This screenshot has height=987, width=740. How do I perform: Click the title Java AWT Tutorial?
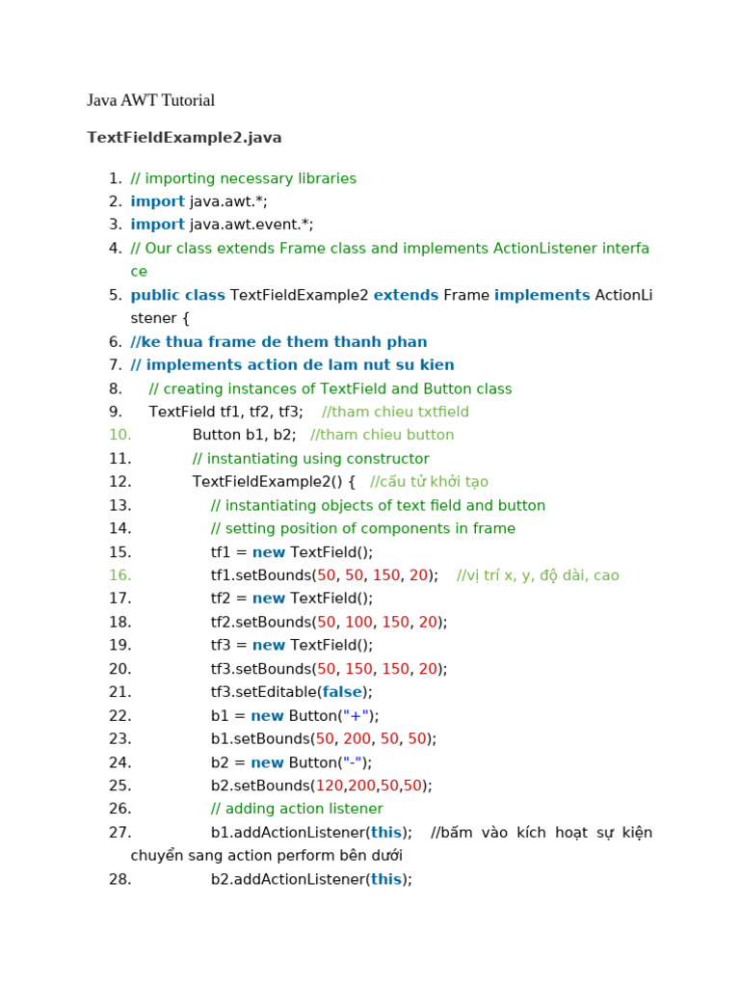pyautogui.click(x=150, y=100)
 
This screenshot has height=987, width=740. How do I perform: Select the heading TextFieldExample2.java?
pyautogui.click(x=184, y=138)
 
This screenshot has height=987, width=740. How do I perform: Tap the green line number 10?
pyautogui.click(x=119, y=435)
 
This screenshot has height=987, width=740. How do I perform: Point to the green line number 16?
pyautogui.click(x=119, y=575)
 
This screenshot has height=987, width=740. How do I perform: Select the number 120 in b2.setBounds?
pyautogui.click(x=330, y=786)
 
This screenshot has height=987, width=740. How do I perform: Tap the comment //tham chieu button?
pyautogui.click(x=382, y=435)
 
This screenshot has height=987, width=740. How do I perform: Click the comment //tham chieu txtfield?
pyautogui.click(x=395, y=412)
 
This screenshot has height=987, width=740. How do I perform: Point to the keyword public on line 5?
pyautogui.click(x=155, y=295)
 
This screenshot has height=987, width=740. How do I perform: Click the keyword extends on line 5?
pyautogui.click(x=406, y=295)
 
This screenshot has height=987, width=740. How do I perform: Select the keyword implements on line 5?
pyautogui.click(x=542, y=295)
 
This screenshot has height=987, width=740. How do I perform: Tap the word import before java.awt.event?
pyautogui.click(x=157, y=225)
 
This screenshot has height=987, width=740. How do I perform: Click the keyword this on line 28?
pyautogui.click(x=385, y=879)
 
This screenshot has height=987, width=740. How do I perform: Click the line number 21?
pyautogui.click(x=119, y=692)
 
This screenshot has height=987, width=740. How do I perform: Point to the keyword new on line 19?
pyautogui.click(x=269, y=645)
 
